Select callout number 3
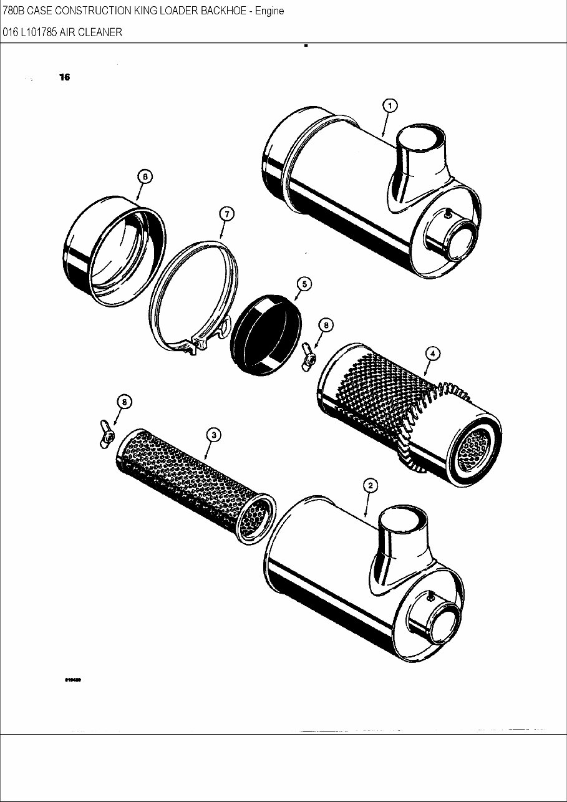213,435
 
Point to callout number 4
432,353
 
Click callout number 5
304,284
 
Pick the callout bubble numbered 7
226,214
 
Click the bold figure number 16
65,77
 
